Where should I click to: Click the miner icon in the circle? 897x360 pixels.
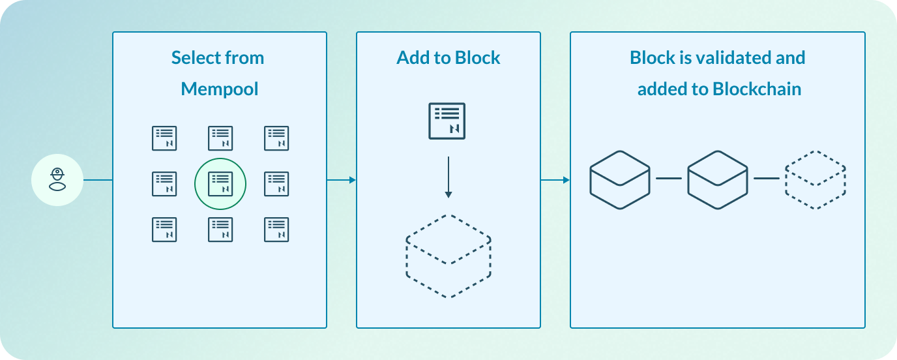tap(57, 180)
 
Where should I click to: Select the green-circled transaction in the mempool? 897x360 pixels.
tap(220, 184)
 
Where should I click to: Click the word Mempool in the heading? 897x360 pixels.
tap(220, 89)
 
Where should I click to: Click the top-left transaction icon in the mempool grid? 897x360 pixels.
tap(164, 138)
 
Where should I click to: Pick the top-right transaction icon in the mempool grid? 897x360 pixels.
tap(276, 138)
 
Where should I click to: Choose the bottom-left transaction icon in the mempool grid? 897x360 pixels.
tap(164, 230)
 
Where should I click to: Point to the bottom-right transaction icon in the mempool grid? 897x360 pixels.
tap(276, 230)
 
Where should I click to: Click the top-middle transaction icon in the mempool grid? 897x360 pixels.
tap(220, 138)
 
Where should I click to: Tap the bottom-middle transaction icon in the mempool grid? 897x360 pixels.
tap(220, 230)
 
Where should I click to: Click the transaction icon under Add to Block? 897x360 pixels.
tap(447, 121)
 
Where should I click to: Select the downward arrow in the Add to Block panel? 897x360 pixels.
tap(448, 177)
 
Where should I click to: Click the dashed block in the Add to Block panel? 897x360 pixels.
tap(448, 256)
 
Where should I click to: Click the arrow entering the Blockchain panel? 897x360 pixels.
tap(555, 180)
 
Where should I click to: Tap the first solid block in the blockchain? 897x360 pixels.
tap(620, 180)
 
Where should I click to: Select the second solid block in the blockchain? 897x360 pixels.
tap(718, 180)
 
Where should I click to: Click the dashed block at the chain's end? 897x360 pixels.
tap(816, 180)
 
